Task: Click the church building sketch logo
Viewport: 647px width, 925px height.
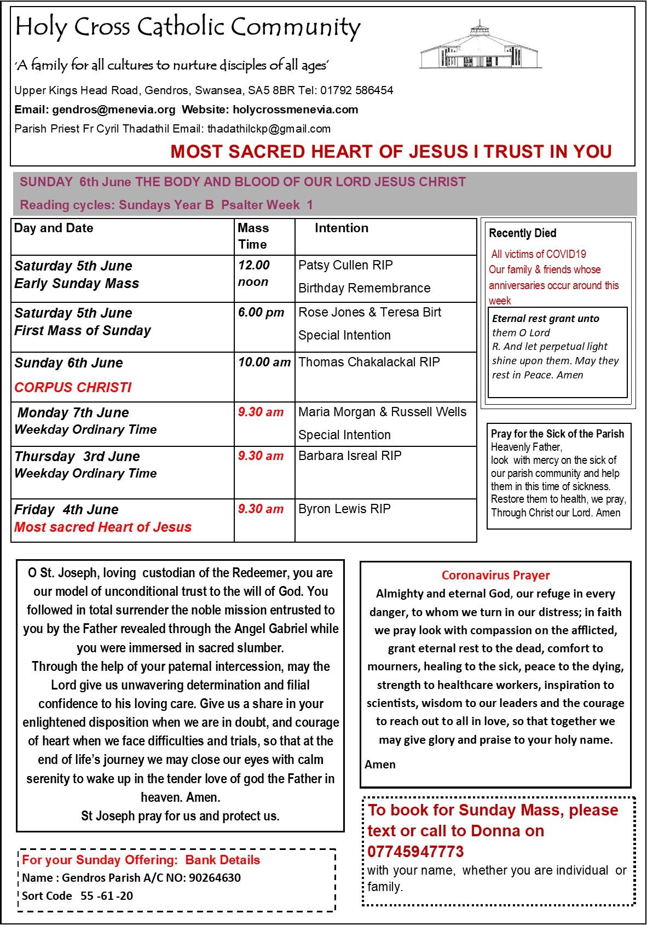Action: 480,47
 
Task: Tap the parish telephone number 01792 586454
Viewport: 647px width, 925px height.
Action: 356,90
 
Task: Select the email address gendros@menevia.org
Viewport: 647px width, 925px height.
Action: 114,110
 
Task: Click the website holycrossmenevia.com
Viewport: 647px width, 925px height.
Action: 296,110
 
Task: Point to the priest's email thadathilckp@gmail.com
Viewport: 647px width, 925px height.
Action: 269,129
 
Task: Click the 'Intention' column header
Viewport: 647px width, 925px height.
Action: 342,228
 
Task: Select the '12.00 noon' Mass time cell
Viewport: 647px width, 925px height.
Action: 254,273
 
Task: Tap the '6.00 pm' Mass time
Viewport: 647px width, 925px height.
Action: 261,313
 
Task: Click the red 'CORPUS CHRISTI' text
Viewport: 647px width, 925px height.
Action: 73,388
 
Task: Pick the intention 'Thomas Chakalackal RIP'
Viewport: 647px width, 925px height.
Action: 369,363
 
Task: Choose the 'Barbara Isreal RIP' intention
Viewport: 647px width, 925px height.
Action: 350,456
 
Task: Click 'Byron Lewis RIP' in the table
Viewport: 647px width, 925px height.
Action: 344,509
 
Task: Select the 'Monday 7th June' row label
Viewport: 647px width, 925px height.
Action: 73,413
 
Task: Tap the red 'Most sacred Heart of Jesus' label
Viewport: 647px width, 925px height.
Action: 103,527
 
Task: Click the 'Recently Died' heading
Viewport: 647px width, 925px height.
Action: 522,233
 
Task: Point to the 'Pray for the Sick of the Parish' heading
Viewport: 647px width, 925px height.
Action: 557,434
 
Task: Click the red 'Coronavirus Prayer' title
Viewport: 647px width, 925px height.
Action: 495,576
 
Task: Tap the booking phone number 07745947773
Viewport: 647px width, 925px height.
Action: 415,852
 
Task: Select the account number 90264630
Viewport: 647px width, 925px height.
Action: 215,878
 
